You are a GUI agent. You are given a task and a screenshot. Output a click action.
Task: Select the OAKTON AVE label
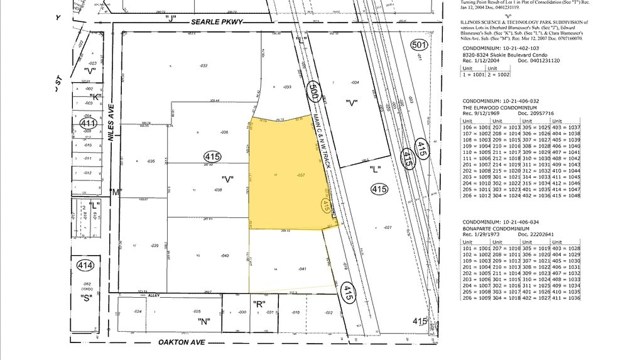pos(183,343)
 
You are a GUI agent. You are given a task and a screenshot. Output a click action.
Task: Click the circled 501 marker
pos(419,45)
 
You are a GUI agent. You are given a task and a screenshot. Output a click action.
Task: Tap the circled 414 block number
pos(85,266)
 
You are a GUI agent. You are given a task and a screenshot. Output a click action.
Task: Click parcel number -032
pos(204,65)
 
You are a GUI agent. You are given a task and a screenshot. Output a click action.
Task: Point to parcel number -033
pos(287,87)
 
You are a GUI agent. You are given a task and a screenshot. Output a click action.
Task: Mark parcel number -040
pos(224,255)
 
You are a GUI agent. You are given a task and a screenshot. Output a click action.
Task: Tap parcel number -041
pos(302,268)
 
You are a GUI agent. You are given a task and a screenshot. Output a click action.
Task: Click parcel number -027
pos(388,227)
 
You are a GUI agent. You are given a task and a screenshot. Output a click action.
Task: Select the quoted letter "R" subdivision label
pos(257,303)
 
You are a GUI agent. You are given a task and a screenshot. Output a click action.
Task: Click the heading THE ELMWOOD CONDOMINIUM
pos(494,107)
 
